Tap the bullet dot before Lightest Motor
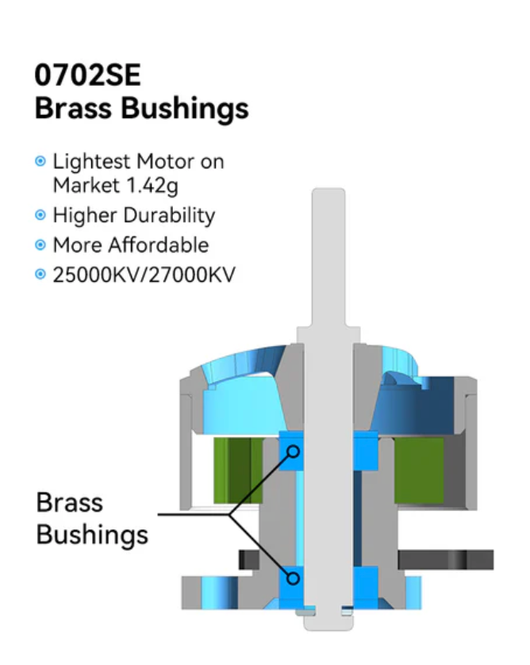click(x=40, y=162)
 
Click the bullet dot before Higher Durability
click(x=40, y=215)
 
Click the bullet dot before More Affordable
click(x=40, y=244)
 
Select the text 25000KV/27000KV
click(x=144, y=275)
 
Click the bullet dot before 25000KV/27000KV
click(x=40, y=275)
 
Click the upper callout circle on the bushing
click(x=293, y=451)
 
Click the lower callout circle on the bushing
click(x=293, y=577)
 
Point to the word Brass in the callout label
click(x=70, y=502)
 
